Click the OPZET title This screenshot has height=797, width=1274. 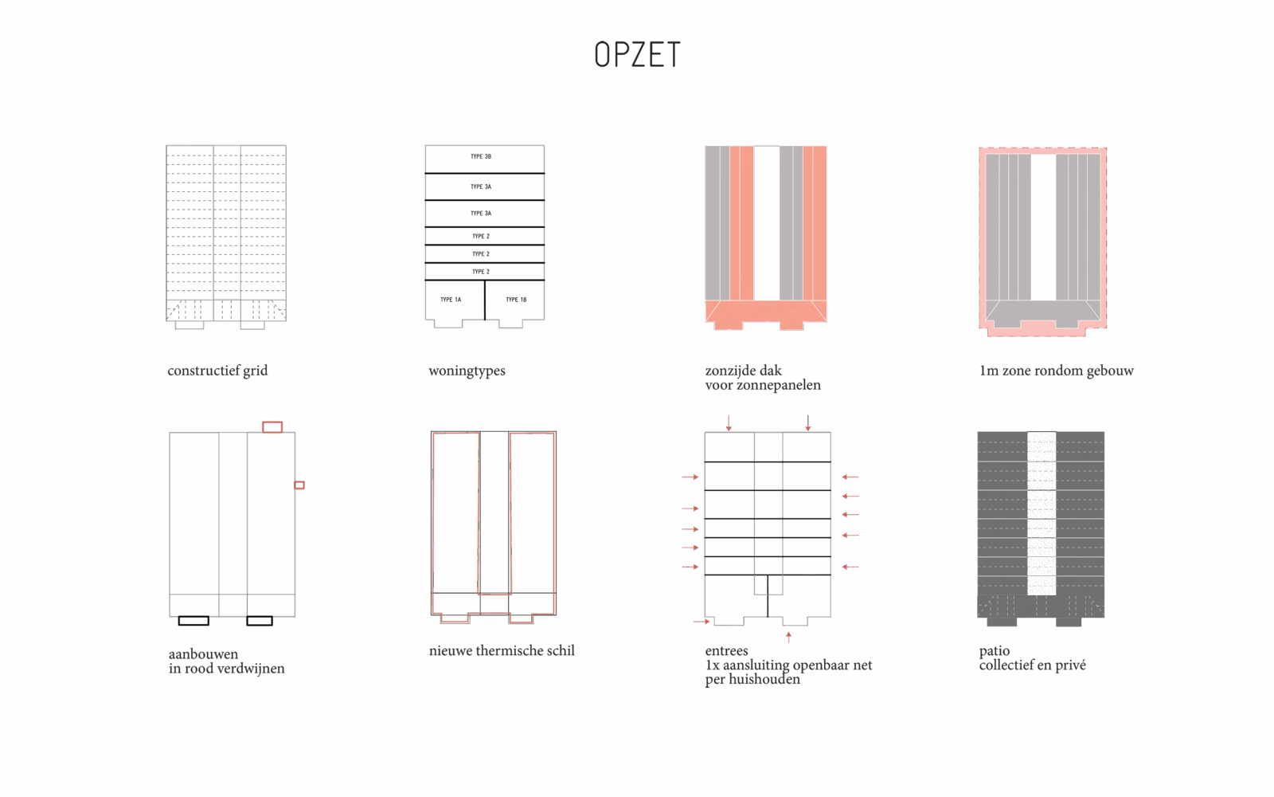637,55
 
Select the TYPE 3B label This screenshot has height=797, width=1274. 481,156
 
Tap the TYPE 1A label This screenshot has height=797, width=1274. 451,300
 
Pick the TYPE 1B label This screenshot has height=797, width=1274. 516,300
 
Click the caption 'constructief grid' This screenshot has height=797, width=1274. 217,371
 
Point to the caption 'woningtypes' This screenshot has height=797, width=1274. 467,371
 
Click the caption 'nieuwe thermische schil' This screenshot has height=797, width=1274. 502,650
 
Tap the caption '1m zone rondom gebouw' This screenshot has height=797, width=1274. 1056,371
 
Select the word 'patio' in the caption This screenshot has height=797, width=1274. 995,651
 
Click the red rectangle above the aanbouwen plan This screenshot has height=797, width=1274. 272,427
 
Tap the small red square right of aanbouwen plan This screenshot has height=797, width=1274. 299,485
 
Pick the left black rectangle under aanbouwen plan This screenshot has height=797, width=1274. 193,621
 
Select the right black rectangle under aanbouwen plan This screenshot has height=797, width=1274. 260,621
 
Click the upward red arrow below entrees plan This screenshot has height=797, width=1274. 788,637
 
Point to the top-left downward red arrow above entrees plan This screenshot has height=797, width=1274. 729,422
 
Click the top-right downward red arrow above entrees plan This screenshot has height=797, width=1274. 807,422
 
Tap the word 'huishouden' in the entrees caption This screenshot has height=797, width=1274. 766,680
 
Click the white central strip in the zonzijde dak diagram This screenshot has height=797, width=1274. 767,222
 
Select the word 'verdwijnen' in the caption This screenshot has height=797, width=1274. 252,669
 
